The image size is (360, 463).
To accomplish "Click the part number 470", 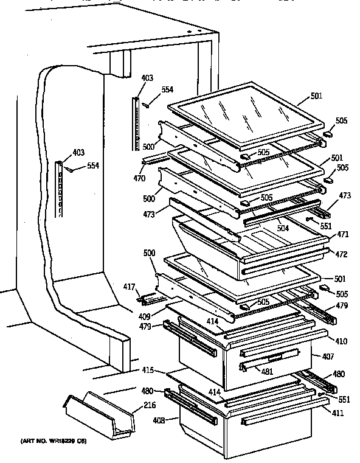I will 140,179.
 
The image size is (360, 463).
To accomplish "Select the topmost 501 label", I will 316,96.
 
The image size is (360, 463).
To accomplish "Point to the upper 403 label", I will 147,78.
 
